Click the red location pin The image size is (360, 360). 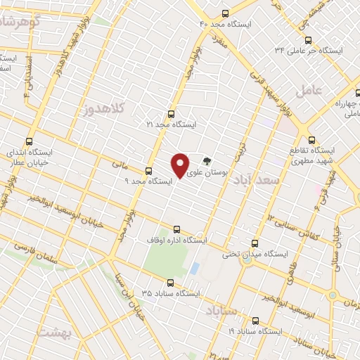click(180, 165)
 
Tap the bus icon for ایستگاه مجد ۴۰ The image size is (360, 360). click(225, 13)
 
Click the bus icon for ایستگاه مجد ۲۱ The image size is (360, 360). click(171, 114)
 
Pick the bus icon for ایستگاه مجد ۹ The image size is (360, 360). click(148, 170)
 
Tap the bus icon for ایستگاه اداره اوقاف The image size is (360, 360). click(176, 229)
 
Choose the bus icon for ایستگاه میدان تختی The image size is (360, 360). click(246, 242)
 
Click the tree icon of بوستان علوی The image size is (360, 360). click(206, 160)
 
